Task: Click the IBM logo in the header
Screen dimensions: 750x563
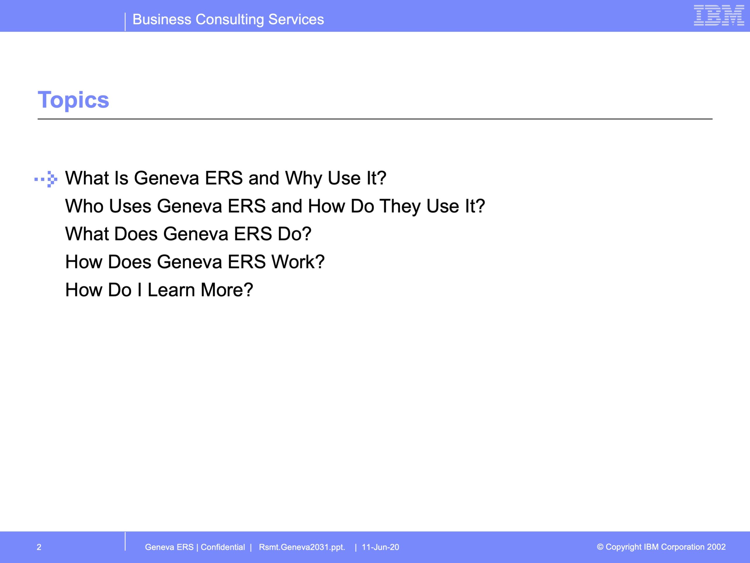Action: coord(719,15)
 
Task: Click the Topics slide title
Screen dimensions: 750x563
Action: coord(73,100)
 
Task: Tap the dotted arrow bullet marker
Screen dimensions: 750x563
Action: coord(46,179)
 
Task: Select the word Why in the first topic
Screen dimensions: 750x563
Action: coord(304,179)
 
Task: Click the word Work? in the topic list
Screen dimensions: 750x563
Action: coord(298,262)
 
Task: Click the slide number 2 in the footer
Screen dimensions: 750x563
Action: coord(39,547)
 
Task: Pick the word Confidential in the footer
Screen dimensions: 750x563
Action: coord(223,547)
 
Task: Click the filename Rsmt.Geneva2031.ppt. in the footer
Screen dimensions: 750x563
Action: coord(302,547)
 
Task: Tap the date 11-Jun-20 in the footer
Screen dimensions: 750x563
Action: coord(381,547)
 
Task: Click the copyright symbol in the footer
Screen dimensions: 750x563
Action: coord(600,547)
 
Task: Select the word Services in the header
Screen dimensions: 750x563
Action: coord(296,19)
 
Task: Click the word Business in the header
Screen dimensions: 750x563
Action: coord(162,19)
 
